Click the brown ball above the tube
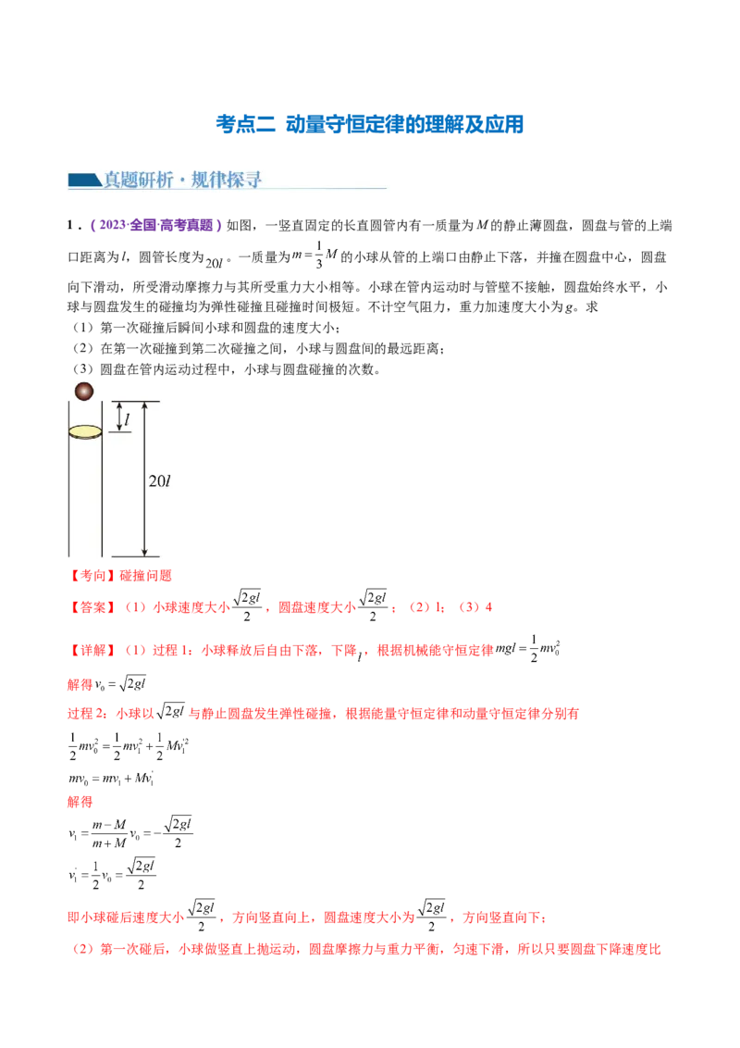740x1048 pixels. pyautogui.click(x=84, y=391)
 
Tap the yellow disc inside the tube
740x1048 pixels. pyautogui.click(x=85, y=431)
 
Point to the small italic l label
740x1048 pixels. pyautogui.click(x=127, y=421)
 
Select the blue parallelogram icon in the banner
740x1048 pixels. pyautogui.click(x=83, y=180)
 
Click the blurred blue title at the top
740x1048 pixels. pyautogui.click(x=370, y=124)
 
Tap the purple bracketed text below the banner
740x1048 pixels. pyautogui.click(x=154, y=225)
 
